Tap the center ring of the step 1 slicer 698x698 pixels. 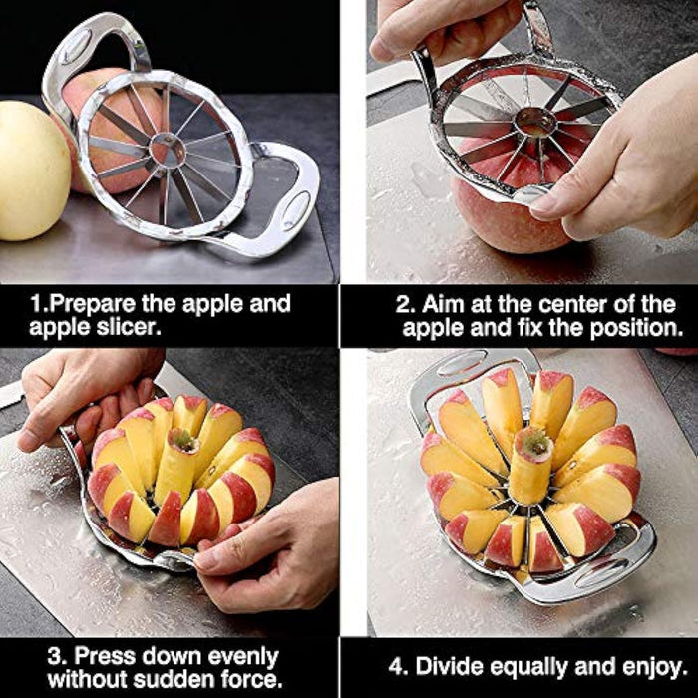pyautogui.click(x=168, y=150)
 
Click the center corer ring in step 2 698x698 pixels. pyautogui.click(x=535, y=121)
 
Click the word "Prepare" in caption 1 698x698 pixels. pyautogui.click(x=92, y=304)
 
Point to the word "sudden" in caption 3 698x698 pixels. pyautogui.click(x=174, y=679)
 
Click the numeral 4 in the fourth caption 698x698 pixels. pyautogui.click(x=396, y=667)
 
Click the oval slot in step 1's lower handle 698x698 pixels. pyautogui.click(x=296, y=210)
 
